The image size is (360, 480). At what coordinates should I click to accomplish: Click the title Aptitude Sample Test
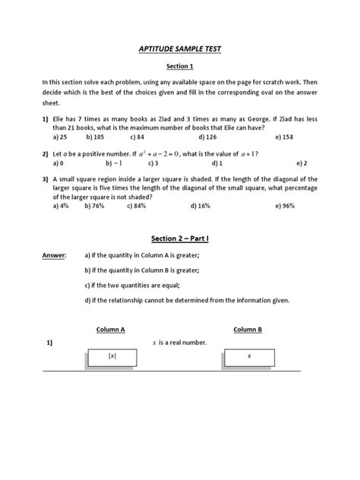tap(180, 48)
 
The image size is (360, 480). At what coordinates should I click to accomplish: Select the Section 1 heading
tap(180, 65)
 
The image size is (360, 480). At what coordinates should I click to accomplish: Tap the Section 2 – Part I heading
tap(180, 238)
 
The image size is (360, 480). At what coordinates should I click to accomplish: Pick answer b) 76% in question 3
tap(94, 205)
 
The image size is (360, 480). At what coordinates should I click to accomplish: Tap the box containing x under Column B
tap(248, 355)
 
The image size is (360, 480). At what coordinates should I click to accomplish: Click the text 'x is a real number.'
tap(180, 343)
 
